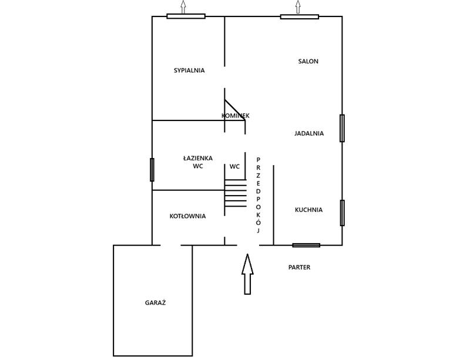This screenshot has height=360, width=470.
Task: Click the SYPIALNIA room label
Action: tap(189, 70)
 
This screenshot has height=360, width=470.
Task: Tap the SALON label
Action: tap(308, 62)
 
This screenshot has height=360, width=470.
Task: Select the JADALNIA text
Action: tap(309, 133)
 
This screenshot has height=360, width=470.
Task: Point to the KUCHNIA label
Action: tap(309, 210)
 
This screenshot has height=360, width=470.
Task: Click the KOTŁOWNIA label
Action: tap(187, 216)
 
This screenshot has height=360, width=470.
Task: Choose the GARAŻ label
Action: tap(155, 303)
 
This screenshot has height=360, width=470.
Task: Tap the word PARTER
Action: tap(299, 267)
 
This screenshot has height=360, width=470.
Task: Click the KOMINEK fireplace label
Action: tap(236, 116)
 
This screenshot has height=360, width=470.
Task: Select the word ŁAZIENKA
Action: tap(198, 158)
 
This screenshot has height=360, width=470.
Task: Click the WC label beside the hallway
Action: tap(234, 167)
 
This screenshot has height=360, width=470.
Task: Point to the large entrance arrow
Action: tap(247, 274)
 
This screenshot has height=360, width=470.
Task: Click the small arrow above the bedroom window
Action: tap(183, 6)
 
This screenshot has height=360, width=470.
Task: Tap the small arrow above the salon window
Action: tap(298, 6)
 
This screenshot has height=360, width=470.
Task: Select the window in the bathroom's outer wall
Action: tap(152, 170)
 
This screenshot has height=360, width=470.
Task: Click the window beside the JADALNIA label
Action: tap(342, 128)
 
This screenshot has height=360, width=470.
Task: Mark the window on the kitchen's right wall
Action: tap(342, 213)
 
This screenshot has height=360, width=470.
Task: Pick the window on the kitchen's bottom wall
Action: tap(306, 245)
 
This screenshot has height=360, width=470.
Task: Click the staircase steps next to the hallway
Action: tap(236, 193)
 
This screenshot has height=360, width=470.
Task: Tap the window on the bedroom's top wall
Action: tap(186, 16)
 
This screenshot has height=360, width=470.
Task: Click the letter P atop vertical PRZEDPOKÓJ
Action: tap(258, 159)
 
